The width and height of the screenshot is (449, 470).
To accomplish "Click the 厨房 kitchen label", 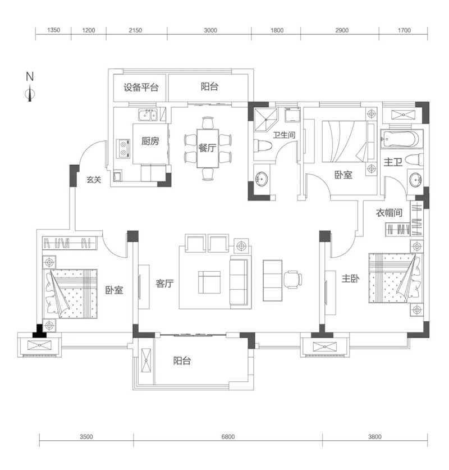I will [150, 141].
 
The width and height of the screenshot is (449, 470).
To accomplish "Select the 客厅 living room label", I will [164, 284].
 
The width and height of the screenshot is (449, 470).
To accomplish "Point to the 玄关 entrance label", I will [93, 180].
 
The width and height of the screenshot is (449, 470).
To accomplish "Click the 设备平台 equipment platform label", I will [141, 88].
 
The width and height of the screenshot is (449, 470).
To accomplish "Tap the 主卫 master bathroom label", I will [392, 162].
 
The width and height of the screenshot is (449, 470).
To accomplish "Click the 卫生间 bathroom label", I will [283, 135].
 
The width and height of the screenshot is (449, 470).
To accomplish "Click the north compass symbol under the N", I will [30, 95].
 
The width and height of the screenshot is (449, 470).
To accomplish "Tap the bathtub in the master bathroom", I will [401, 139].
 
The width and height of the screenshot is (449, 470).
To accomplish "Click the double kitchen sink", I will [147, 117].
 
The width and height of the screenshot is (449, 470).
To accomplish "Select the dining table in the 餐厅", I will [208, 148].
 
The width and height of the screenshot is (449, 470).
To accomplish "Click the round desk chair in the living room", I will [292, 278].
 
